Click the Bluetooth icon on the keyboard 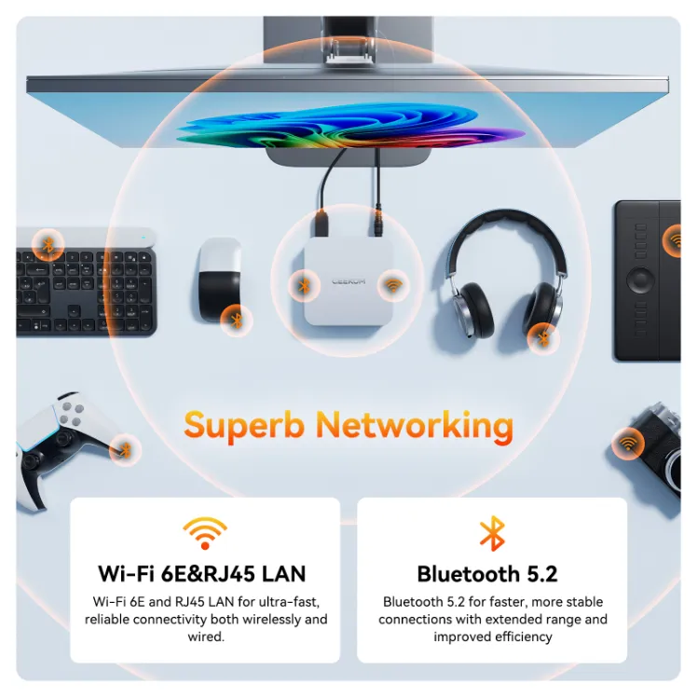tap(48, 245)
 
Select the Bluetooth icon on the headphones tap(542, 337)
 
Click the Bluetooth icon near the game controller tap(124, 450)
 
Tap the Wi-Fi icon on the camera tap(629, 442)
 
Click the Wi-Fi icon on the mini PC tap(393, 283)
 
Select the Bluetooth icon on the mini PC tap(303, 284)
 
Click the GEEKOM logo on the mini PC tap(348, 280)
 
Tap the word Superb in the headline tap(243, 426)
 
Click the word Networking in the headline tap(414, 426)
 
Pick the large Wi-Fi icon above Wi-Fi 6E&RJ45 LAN tap(204, 534)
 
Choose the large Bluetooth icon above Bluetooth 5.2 tap(491, 534)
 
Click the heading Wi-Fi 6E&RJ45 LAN tap(202, 573)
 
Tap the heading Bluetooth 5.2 tap(492, 573)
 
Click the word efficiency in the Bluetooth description tap(518, 637)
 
